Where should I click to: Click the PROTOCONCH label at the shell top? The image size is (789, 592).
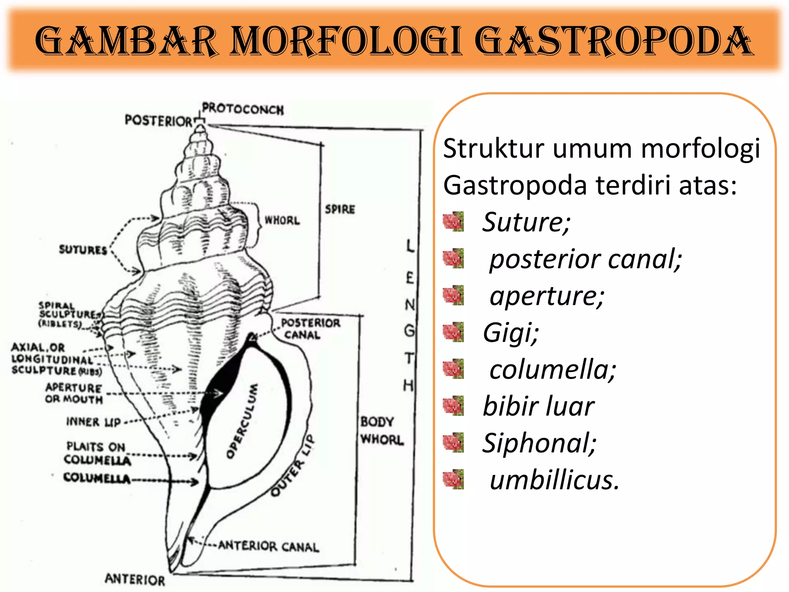point(243,109)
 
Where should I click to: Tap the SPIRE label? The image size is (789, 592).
point(340,209)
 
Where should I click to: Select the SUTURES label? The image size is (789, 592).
point(83,250)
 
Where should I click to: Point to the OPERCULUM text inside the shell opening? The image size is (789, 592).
point(242,421)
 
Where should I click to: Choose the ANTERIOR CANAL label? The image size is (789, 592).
point(269,546)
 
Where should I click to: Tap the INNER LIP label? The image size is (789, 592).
point(94,422)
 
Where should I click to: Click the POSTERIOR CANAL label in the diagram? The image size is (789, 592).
point(310,329)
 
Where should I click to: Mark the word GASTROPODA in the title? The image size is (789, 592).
point(613,41)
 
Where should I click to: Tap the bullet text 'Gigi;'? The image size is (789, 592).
point(510,332)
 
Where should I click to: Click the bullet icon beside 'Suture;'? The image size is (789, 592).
point(453,222)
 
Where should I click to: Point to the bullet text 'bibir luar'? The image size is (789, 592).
point(538,406)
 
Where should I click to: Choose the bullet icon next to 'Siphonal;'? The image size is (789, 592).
point(453,442)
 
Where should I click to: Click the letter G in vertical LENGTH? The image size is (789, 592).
point(409,330)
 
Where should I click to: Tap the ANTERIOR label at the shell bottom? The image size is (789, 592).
point(135,579)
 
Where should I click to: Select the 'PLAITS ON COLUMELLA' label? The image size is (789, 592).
point(97,453)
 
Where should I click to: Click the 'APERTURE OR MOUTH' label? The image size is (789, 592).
point(74,393)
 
